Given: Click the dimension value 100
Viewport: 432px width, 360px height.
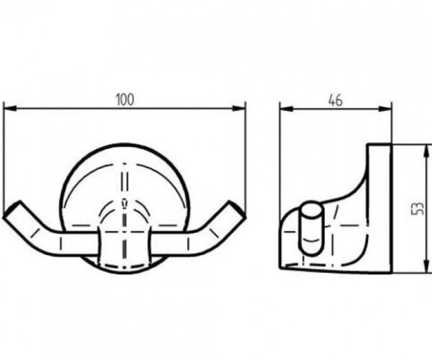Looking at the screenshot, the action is click(125, 100).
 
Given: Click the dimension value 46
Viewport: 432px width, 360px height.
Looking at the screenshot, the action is click(336, 101).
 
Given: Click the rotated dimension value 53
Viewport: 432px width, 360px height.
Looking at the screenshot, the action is click(417, 208).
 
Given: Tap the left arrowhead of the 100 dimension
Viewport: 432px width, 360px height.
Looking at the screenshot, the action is click(10, 108).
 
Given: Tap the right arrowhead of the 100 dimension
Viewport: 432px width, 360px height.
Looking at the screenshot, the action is click(238, 108).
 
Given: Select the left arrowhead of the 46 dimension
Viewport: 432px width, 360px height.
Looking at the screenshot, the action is click(286, 109).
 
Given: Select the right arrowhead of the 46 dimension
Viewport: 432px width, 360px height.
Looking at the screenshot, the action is click(385, 109).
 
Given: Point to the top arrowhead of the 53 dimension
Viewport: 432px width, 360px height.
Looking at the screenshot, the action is click(427, 151).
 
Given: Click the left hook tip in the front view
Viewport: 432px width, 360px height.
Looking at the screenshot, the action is click(12, 209).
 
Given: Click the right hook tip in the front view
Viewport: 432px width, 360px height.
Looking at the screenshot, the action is click(236, 209).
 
